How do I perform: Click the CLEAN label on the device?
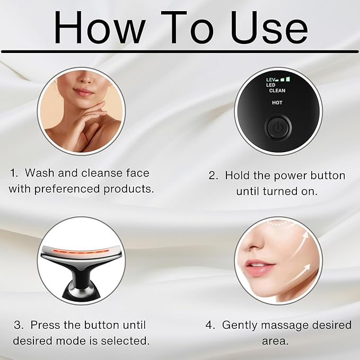[x=277, y=91]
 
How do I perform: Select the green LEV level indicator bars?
[x=285, y=79]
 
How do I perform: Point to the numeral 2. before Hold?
[x=213, y=175]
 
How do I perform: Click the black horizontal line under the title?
[x=180, y=51]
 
